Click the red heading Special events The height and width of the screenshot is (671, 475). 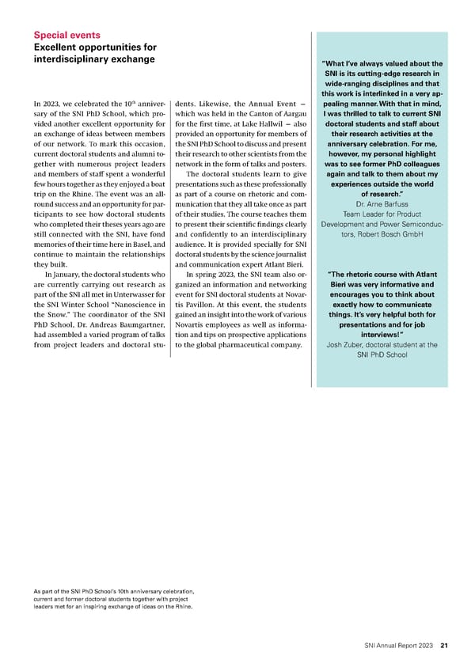(66, 35)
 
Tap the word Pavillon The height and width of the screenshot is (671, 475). (203, 308)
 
